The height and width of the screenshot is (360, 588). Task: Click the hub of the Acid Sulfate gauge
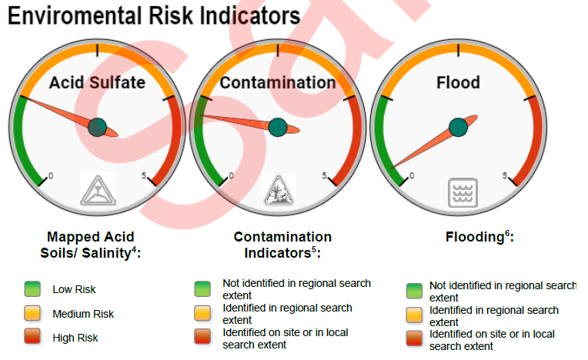click(x=98, y=127)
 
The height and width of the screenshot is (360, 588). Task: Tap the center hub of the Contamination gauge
click(x=278, y=127)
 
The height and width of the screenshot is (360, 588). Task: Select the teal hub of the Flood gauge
click(x=458, y=127)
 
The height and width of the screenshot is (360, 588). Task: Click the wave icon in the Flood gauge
click(x=463, y=192)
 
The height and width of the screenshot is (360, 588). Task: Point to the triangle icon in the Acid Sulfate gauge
click(x=98, y=189)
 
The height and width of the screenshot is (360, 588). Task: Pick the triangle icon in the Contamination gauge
click(x=279, y=190)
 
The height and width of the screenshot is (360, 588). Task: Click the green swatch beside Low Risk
click(x=32, y=288)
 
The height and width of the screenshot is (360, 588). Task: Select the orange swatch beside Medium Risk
click(x=32, y=313)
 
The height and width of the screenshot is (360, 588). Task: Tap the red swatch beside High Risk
click(x=32, y=336)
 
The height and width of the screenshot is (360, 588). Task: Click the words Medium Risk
click(x=83, y=314)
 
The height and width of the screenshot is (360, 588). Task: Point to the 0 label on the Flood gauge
click(x=412, y=175)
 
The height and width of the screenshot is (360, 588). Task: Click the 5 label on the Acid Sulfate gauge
click(x=144, y=175)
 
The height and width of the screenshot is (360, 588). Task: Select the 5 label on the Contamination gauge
click(x=324, y=175)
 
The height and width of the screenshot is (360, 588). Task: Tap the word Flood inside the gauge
click(x=458, y=82)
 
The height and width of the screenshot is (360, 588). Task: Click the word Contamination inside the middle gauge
click(x=278, y=82)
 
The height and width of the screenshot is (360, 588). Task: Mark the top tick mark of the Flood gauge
click(x=458, y=50)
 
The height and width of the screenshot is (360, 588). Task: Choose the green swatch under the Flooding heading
click(x=414, y=291)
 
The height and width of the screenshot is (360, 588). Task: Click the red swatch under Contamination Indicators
click(x=202, y=336)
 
